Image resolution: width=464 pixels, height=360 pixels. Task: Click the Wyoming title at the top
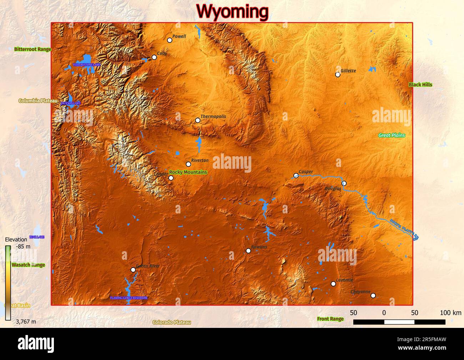point(232,11)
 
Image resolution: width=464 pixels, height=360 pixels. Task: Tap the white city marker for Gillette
point(338,75)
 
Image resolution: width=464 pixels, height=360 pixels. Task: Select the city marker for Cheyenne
point(373,295)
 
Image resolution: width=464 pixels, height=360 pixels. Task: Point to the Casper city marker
point(296,176)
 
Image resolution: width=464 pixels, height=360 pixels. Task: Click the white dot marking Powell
point(170,40)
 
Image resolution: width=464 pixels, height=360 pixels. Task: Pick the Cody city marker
point(154,57)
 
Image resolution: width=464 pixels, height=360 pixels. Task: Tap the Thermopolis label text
point(213,116)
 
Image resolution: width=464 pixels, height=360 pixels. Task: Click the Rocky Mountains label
point(188,172)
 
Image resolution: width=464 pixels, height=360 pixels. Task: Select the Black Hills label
point(420,85)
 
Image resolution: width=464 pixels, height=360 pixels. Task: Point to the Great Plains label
point(392,135)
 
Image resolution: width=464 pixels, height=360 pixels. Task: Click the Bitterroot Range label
point(32,49)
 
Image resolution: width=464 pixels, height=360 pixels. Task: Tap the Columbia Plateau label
point(38,101)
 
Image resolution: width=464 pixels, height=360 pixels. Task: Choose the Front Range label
point(330,319)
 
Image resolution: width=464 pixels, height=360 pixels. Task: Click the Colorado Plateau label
point(172,322)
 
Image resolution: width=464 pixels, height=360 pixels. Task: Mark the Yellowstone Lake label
point(87,65)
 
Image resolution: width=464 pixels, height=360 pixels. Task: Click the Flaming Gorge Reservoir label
point(128,298)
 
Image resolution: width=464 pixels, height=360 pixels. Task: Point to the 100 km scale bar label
point(450,313)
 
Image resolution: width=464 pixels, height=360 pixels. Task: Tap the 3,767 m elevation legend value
point(26,321)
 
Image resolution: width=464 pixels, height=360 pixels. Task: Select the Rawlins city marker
point(248,251)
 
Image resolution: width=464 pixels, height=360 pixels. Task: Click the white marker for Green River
point(133,270)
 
